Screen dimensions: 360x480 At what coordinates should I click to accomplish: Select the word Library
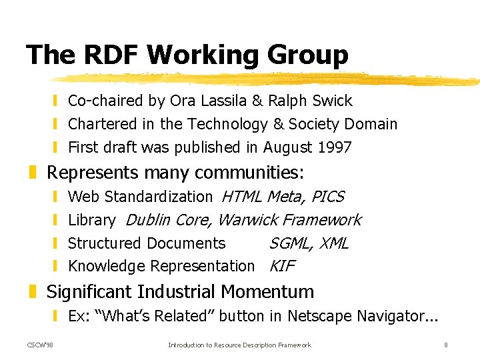click(92, 220)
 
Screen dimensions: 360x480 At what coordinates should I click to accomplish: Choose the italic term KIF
click(281, 266)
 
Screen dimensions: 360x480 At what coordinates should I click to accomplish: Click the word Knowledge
click(107, 266)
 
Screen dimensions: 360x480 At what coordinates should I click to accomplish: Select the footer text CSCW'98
click(41, 345)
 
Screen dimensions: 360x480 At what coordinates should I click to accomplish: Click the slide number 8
click(445, 345)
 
